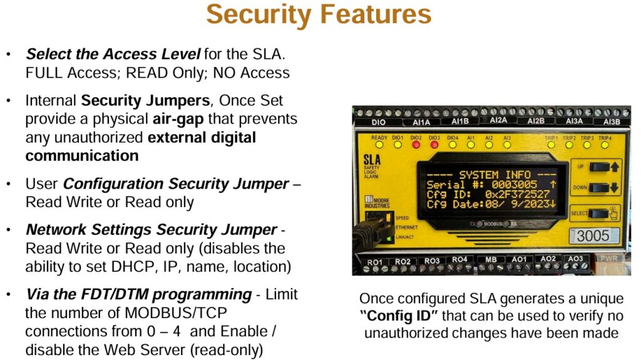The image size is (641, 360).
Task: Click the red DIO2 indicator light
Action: pos(416,144)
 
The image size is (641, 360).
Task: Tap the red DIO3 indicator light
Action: pos(434,144)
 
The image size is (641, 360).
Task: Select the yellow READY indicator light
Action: pos(379,144)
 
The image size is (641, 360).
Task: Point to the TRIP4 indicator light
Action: pos(605,144)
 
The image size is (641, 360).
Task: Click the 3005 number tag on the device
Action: pos(592,237)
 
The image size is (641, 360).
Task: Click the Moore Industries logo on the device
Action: pos(377,202)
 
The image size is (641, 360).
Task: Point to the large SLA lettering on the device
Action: pos(372,162)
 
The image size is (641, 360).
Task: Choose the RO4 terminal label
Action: pos(459,259)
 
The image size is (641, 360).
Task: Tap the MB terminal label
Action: pos(491,259)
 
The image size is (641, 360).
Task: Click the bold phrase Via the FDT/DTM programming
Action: pos(138,294)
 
